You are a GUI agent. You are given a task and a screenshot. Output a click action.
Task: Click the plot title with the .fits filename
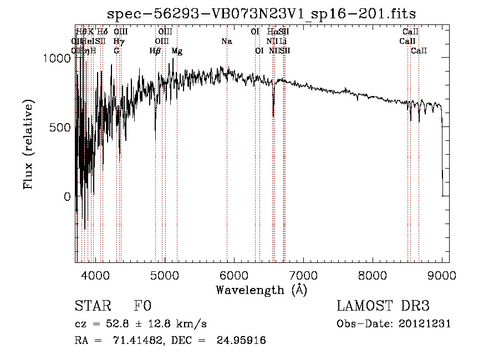[261, 13]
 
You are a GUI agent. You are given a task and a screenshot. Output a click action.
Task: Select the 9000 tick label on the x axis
[442, 275]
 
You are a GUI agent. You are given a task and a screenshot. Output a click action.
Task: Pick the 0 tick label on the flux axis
[67, 196]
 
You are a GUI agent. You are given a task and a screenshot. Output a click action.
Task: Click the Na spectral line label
[226, 41]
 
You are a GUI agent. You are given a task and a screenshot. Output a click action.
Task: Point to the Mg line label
[177, 51]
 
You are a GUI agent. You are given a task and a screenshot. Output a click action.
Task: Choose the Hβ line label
[155, 51]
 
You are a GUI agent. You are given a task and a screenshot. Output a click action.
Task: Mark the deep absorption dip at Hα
[273, 114]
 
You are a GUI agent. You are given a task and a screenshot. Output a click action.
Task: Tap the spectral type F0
[143, 307]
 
